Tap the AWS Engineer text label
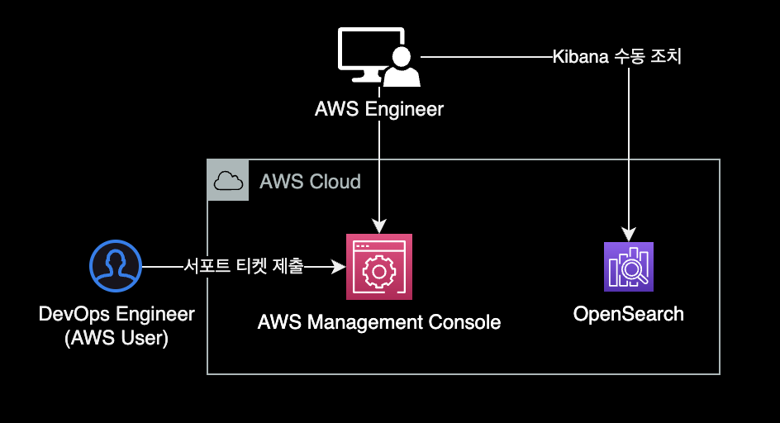coord(379,109)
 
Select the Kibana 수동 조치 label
coord(616,58)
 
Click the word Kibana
coord(580,58)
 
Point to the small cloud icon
coord(227,180)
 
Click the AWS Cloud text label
coord(310,182)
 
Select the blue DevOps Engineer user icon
coord(116,266)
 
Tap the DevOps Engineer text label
coord(117,314)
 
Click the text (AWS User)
coord(117,337)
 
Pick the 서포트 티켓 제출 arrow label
coord(244,267)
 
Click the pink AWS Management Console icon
coord(379,267)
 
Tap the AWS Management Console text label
coord(379,322)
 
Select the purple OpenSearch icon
coord(629,267)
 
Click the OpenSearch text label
coord(629,314)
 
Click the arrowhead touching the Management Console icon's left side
coord(339,267)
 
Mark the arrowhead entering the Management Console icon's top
coord(379,226)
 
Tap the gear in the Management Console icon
coord(379,272)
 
